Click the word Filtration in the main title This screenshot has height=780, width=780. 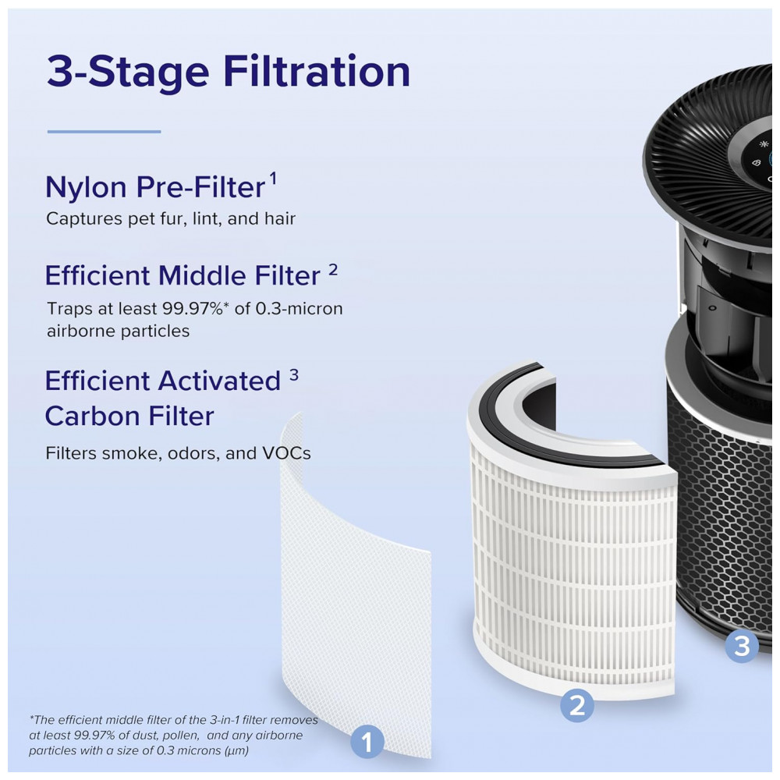pyautogui.click(x=317, y=71)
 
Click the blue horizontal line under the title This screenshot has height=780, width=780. pyautogui.click(x=104, y=132)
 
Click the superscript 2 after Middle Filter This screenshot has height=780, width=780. pyautogui.click(x=333, y=270)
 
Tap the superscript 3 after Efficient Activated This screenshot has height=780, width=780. pyautogui.click(x=294, y=374)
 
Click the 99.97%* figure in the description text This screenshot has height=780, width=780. pyautogui.click(x=196, y=309)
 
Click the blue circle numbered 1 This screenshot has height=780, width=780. pyautogui.click(x=367, y=743)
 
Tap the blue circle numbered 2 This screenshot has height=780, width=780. pyautogui.click(x=577, y=705)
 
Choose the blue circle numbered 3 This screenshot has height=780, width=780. pyautogui.click(x=742, y=646)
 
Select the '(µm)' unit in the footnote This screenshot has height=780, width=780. pyautogui.click(x=237, y=750)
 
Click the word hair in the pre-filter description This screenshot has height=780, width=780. pyautogui.click(x=280, y=218)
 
